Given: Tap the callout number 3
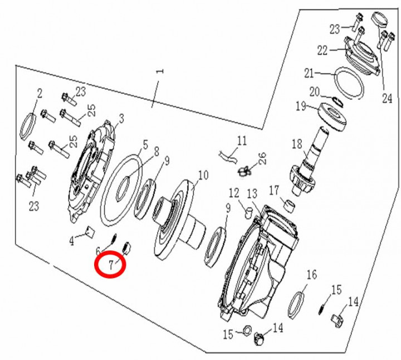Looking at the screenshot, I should point(121,119).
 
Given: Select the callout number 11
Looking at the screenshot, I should point(241,140).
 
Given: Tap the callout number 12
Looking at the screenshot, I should point(233,193).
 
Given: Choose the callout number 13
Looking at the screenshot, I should point(252,193).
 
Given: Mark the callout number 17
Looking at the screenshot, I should point(274,191).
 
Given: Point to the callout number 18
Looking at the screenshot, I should point(297,145).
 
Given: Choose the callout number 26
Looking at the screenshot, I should point(262,156).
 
